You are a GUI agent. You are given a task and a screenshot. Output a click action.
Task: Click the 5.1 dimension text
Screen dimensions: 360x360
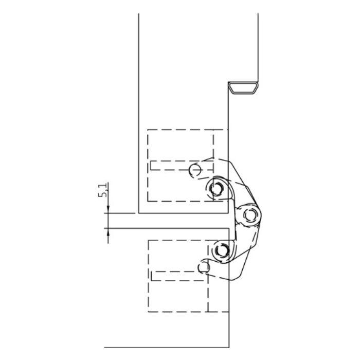pyautogui.click(x=103, y=190)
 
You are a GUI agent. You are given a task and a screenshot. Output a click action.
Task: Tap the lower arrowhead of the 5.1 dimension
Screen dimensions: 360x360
pyautogui.click(x=108, y=232)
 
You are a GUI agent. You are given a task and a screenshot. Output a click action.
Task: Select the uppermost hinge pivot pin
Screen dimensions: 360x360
pyautogui.click(x=217, y=189)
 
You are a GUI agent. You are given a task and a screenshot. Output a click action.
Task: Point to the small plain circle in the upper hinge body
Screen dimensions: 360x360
pyautogui.click(x=195, y=170)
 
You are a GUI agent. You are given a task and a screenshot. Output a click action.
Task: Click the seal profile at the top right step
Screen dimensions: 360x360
pyautogui.click(x=243, y=88)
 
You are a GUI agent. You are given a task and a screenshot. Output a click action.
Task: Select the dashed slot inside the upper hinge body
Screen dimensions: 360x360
pyautogui.click(x=182, y=166)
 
